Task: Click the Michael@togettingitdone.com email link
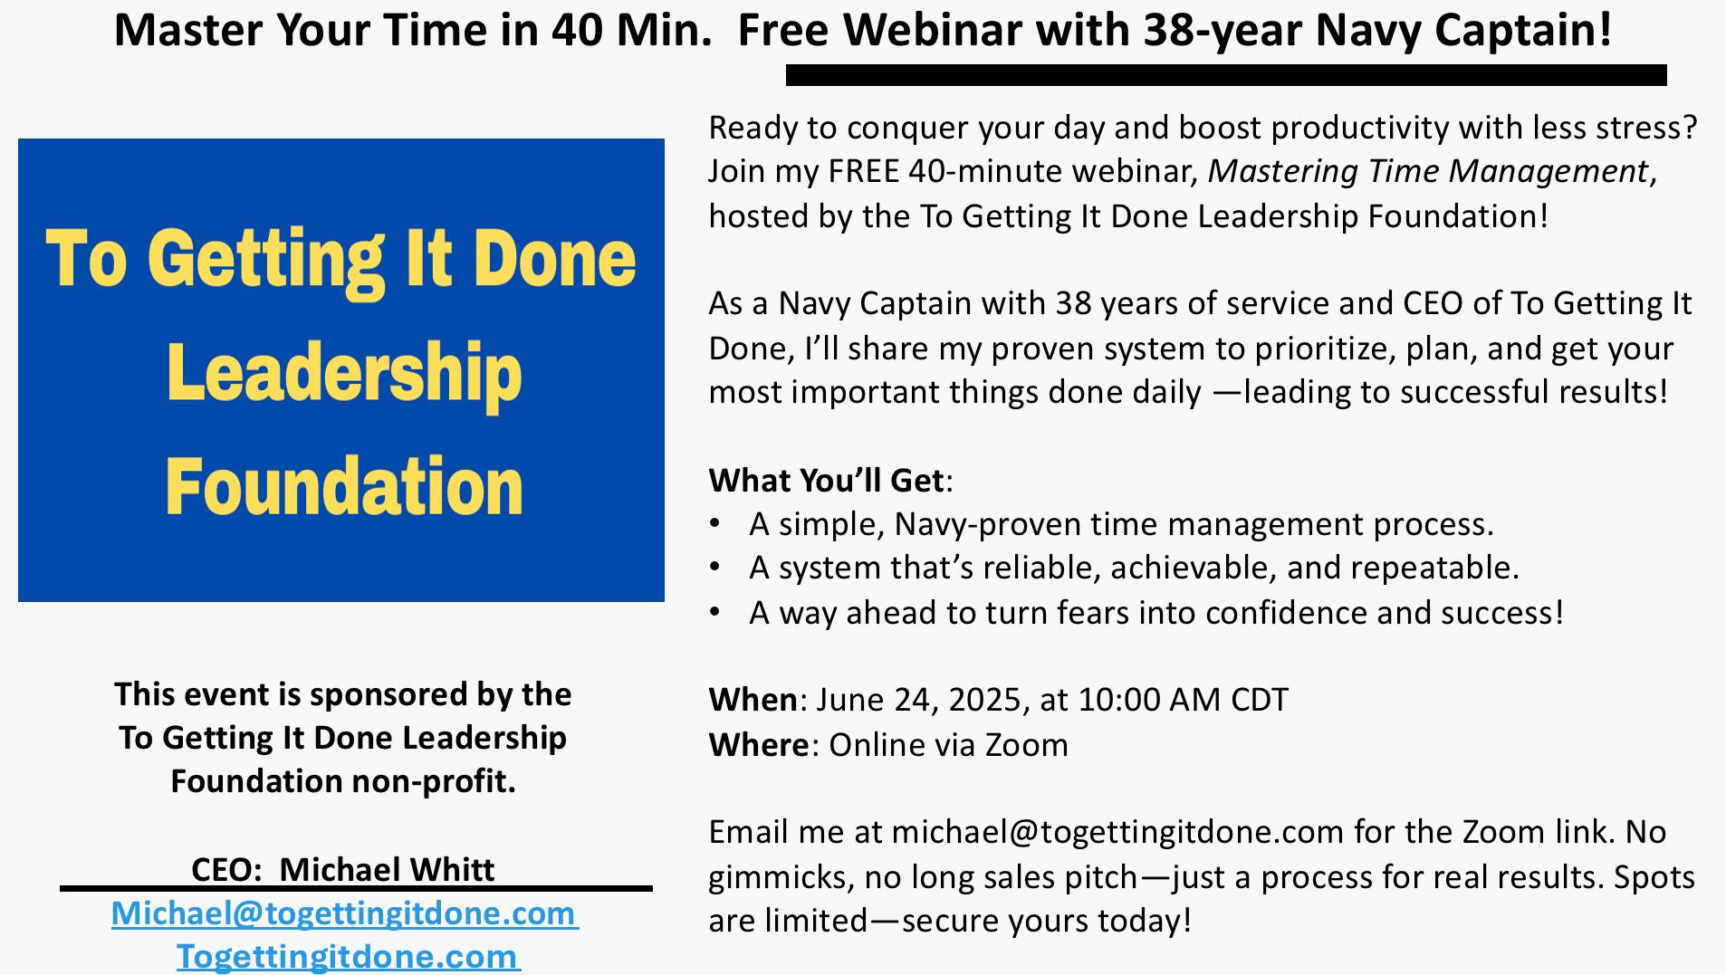[345, 913]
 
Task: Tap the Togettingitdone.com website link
[349, 957]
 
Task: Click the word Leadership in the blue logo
[344, 374]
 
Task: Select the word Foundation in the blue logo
[344, 487]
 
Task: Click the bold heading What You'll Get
[827, 480]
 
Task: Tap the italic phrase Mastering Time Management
[1428, 171]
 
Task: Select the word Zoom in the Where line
[1027, 744]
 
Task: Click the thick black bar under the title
[1226, 75]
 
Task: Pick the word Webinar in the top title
[932, 30]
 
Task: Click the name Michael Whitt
[387, 870]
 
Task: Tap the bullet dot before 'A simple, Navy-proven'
[715, 523]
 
